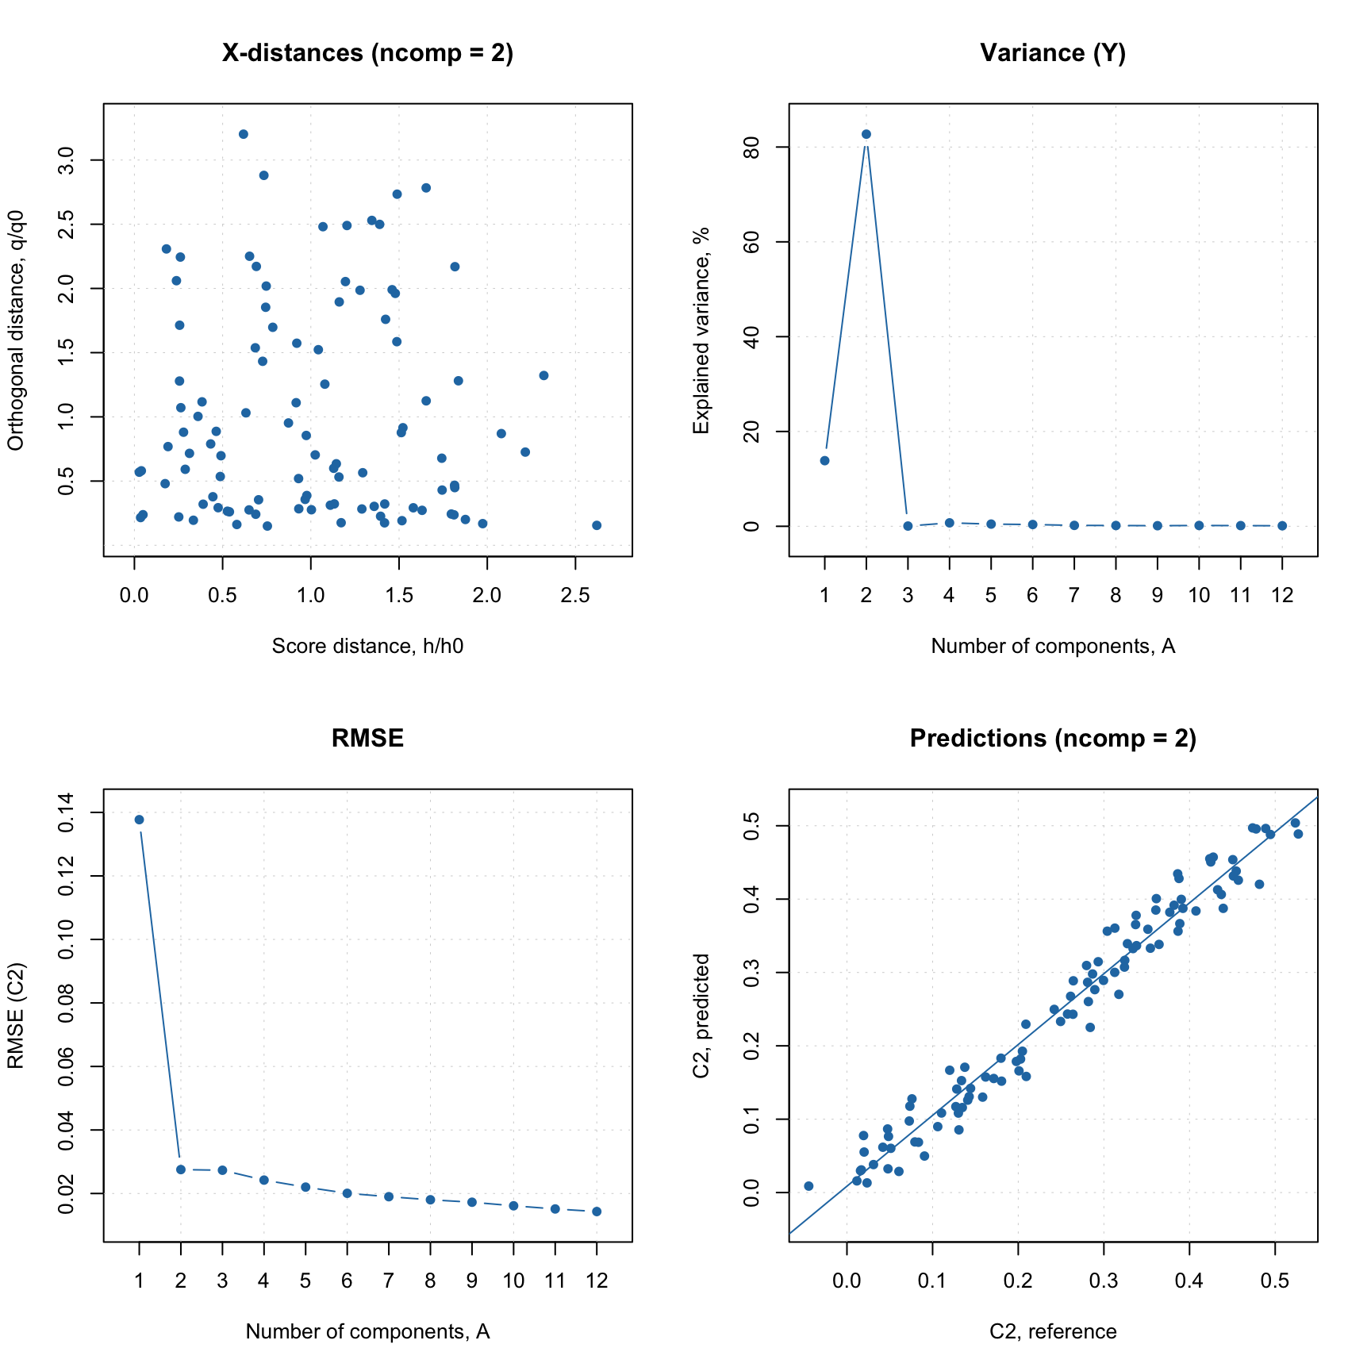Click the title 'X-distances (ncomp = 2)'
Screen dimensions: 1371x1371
(x=367, y=53)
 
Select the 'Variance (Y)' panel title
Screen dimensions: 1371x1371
(x=1053, y=53)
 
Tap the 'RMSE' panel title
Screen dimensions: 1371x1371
(x=367, y=739)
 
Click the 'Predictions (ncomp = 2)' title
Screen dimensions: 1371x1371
(x=1053, y=739)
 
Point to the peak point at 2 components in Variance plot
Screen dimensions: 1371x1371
(x=866, y=134)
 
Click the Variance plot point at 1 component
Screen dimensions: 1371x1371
(x=824, y=460)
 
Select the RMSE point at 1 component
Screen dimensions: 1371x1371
(x=140, y=820)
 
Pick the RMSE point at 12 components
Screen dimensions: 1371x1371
(x=597, y=1212)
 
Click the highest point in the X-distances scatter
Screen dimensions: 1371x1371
(x=244, y=134)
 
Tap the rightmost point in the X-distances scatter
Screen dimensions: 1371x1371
(x=597, y=525)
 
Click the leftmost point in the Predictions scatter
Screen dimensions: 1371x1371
(x=808, y=1186)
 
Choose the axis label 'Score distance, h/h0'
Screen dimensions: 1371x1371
(x=367, y=647)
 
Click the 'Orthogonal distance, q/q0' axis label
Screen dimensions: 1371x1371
(x=17, y=330)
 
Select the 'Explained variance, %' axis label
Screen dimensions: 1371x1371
(x=701, y=330)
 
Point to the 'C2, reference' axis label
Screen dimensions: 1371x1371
(x=1053, y=1332)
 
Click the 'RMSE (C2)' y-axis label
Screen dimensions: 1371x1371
(x=17, y=1016)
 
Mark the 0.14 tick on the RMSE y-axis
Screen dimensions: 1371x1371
(x=67, y=812)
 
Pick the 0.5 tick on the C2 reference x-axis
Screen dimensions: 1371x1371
(x=1275, y=1281)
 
